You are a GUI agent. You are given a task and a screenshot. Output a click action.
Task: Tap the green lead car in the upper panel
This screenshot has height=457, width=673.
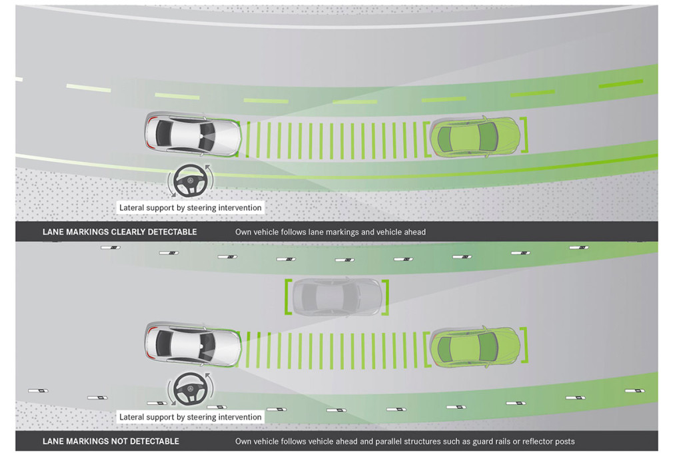[475, 135]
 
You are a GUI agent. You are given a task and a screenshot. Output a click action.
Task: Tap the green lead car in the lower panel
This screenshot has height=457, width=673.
[475, 346]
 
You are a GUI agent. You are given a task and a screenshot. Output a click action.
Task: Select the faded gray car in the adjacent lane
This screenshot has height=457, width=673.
[337, 296]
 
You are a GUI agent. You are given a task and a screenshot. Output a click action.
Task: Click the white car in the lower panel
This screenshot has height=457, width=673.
[193, 344]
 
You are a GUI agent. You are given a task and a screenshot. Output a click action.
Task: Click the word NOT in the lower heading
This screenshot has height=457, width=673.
[119, 441]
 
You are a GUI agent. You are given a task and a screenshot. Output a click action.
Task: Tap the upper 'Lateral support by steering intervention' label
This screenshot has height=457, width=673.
[190, 208]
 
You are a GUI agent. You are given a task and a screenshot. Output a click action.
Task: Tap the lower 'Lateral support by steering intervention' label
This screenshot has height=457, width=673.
[190, 417]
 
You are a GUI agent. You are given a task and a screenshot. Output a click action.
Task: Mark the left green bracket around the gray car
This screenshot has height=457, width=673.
[288, 296]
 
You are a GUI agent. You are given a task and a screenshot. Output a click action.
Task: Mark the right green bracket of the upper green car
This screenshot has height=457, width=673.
[524, 135]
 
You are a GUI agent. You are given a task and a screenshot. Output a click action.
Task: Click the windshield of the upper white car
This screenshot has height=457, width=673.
[207, 135]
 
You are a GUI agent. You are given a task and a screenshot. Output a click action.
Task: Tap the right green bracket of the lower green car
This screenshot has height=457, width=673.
[524, 345]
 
